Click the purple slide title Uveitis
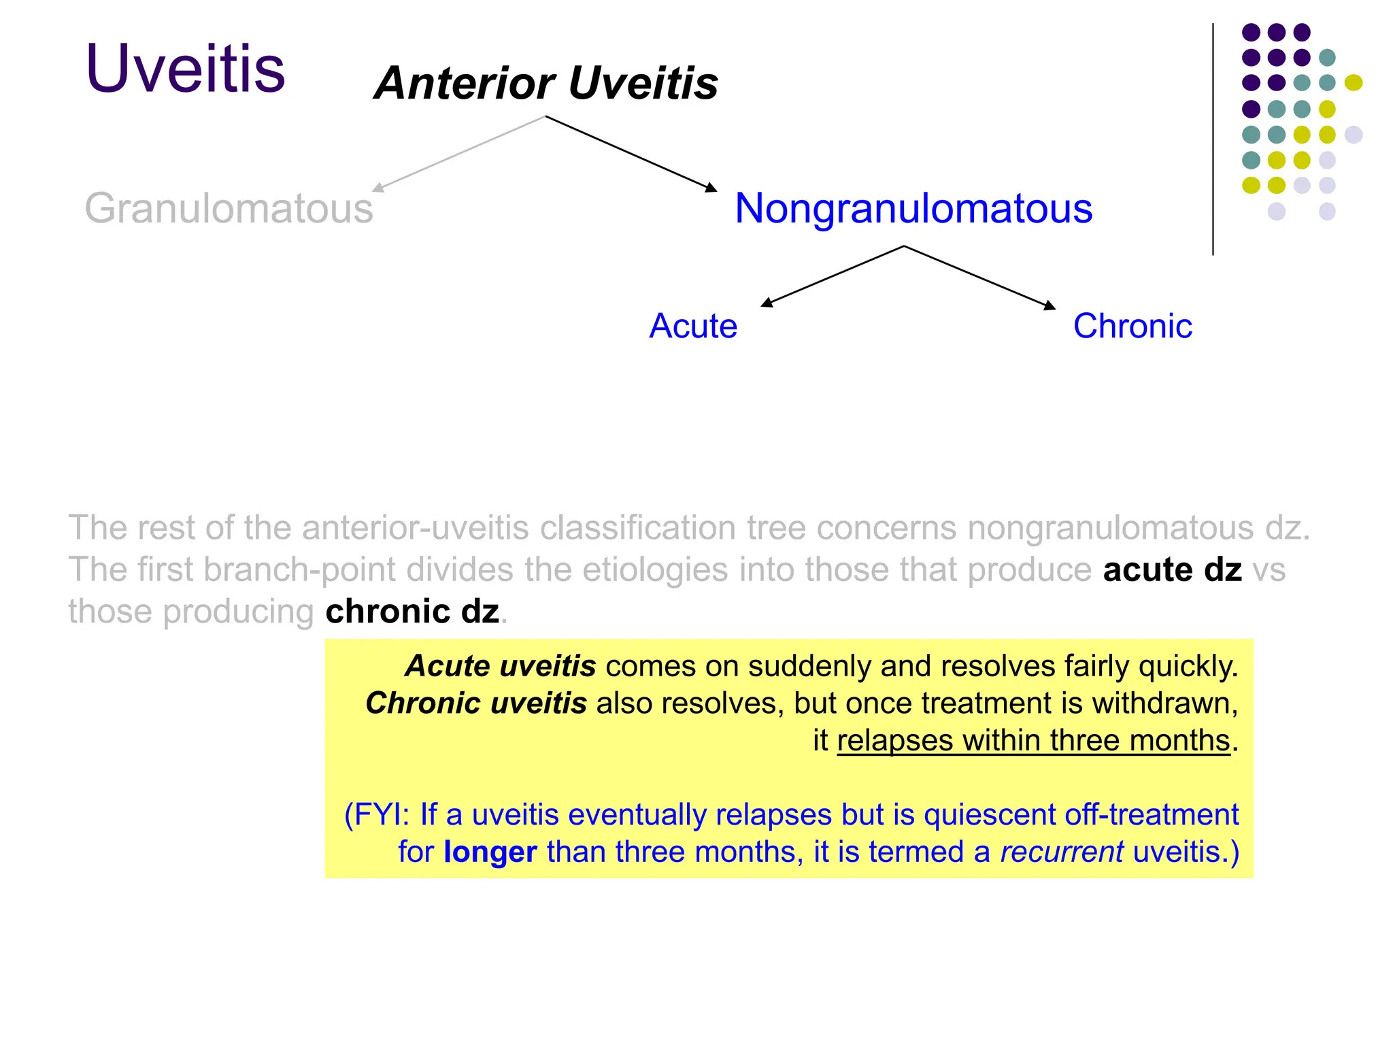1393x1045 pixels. click(185, 69)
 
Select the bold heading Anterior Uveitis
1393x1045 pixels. click(546, 83)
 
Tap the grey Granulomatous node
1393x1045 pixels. click(229, 208)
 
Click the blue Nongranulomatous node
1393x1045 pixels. click(913, 208)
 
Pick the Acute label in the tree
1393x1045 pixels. click(692, 326)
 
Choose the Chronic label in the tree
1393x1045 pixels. click(1132, 326)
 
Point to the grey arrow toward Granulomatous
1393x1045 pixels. click(459, 153)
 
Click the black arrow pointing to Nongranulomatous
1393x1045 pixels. click(631, 154)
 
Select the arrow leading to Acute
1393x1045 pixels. click(833, 276)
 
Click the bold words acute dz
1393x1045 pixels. click(1172, 569)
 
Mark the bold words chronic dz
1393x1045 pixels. click(412, 612)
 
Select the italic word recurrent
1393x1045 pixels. click(1061, 852)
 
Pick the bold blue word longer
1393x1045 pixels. click(490, 852)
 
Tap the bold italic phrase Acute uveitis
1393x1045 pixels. click(501, 666)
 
